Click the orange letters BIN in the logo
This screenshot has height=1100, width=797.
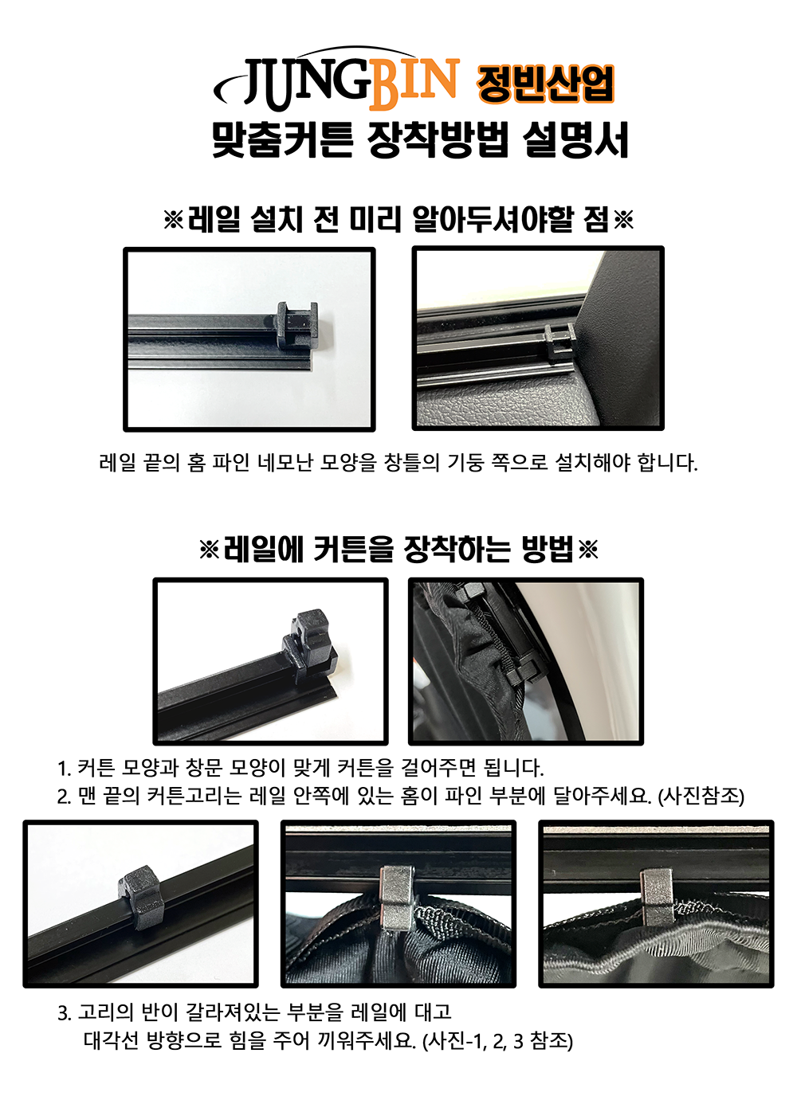point(414,84)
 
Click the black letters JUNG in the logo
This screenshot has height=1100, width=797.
point(307,84)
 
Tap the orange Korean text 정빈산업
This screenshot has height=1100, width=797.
point(545,84)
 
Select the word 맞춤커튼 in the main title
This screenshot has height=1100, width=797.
point(283,140)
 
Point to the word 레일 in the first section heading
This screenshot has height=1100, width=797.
point(214,220)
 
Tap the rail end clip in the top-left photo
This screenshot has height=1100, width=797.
point(296,325)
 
